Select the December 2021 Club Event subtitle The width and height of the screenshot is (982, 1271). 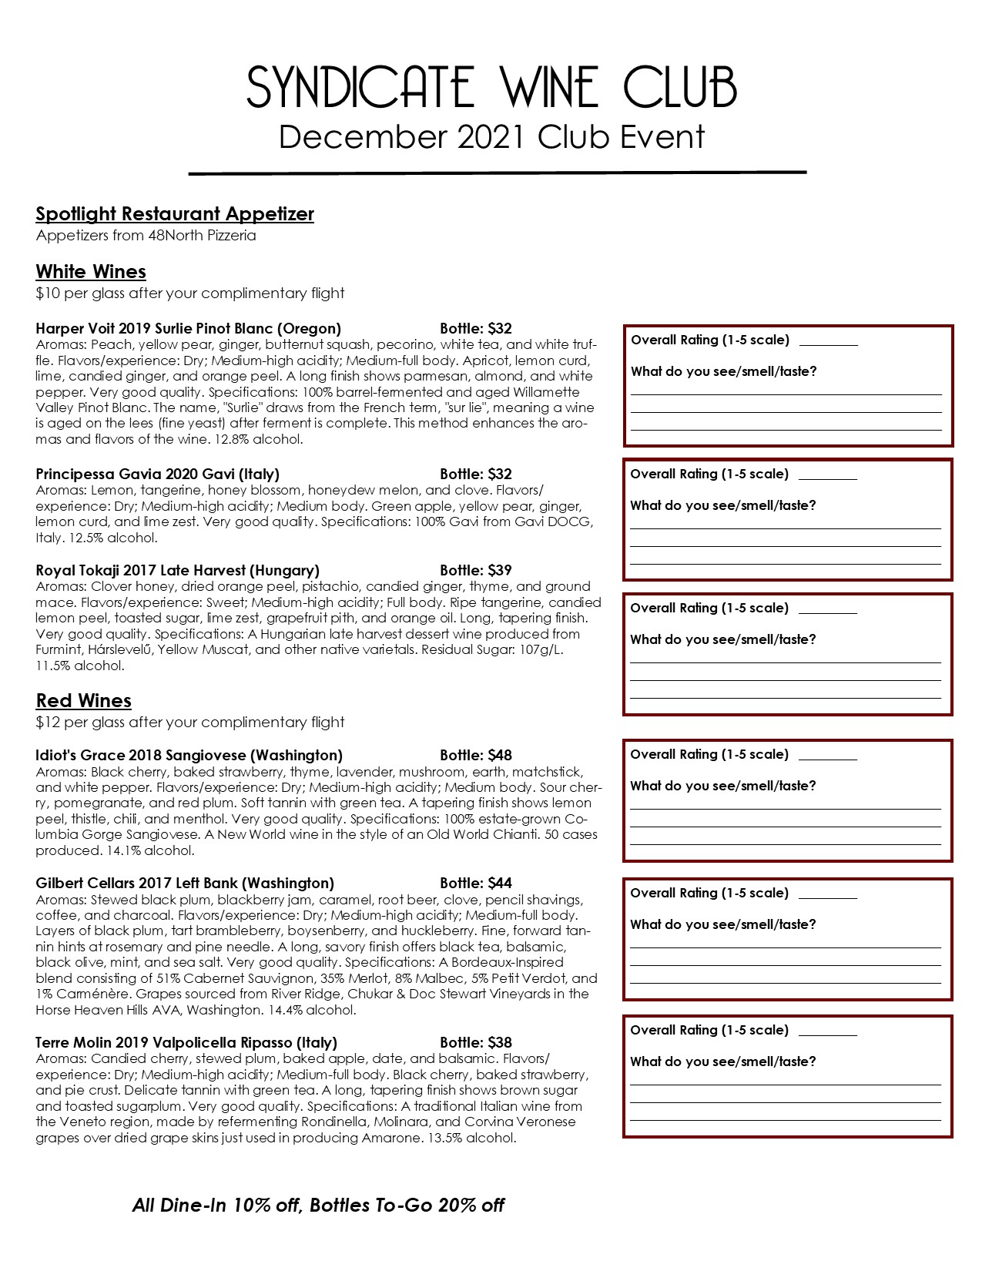point(491,137)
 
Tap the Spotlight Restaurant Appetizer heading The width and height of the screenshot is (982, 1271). point(175,214)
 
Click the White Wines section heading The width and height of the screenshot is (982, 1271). point(91,272)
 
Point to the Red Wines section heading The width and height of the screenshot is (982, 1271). point(84,701)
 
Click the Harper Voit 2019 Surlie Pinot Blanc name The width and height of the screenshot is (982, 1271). point(188,329)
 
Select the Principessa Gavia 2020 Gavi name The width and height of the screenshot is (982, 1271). point(157,475)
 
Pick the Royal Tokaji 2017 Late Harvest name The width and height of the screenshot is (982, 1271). point(177,571)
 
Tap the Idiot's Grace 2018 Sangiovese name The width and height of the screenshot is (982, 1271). point(189,756)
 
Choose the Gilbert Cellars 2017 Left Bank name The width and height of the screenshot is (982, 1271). point(185,884)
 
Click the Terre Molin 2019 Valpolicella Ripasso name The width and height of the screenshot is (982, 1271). point(186,1043)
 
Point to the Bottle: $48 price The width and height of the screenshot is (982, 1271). point(476,756)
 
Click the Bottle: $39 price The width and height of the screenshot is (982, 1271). point(476,571)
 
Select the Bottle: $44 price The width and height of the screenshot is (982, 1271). point(476,884)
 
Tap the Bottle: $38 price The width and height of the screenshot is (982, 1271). point(476,1043)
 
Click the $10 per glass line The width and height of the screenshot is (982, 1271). point(190,293)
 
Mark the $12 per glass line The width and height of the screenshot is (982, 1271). point(190,723)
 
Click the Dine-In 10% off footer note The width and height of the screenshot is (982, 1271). point(318,1206)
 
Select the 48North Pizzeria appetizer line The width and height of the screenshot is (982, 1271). point(146,236)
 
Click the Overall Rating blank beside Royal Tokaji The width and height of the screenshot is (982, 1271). point(828,610)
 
